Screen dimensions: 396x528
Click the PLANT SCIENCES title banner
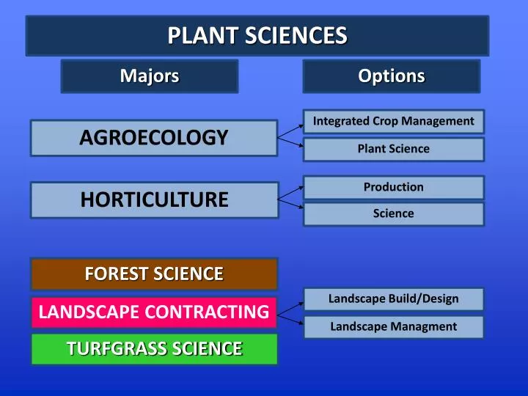(x=257, y=36)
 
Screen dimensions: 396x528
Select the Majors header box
(x=150, y=76)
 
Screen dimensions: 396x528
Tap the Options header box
(x=392, y=76)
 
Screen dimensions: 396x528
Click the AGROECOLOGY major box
(x=154, y=138)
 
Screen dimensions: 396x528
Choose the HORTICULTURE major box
(x=154, y=200)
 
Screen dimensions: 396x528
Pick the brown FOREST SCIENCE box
(x=154, y=274)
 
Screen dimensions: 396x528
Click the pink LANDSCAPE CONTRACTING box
(x=154, y=312)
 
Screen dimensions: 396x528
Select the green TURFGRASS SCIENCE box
(x=154, y=349)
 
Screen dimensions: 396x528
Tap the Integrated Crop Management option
(x=394, y=121)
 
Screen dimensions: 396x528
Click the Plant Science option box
(x=394, y=149)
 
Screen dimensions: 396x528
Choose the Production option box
(x=394, y=187)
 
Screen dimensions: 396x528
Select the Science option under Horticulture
(x=394, y=213)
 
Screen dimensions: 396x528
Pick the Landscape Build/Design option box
(x=394, y=298)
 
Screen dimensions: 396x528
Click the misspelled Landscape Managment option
(x=394, y=326)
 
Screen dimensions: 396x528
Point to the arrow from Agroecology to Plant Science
(x=291, y=143)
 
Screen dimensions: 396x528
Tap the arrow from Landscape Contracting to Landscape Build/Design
(x=291, y=306)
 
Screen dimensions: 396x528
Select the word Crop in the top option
(x=385, y=121)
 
